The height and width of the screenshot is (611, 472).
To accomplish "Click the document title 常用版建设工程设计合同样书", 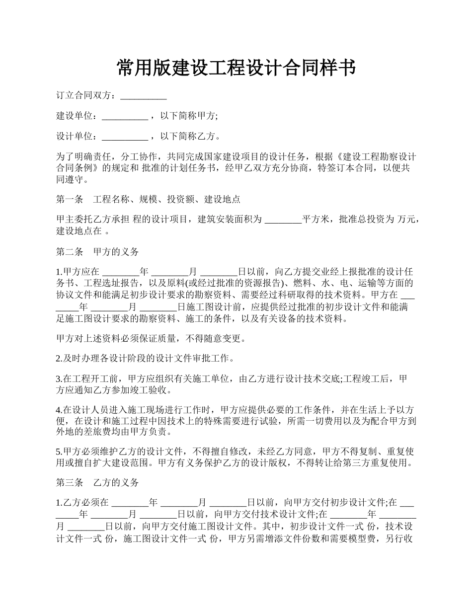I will (236, 68).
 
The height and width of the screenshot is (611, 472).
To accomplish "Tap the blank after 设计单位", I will (125, 136).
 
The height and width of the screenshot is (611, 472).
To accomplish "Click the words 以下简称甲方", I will (188, 116).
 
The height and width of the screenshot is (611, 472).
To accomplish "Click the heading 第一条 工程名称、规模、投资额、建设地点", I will (148, 199).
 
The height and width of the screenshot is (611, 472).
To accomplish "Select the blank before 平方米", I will (283, 220).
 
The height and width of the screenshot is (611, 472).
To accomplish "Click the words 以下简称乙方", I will (188, 136).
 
